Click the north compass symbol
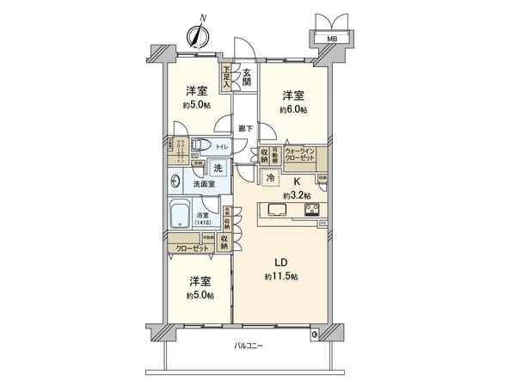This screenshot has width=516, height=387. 199,35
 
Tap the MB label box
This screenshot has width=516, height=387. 331,38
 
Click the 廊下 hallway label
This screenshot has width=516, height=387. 245,130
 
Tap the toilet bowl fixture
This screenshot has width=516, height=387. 200,145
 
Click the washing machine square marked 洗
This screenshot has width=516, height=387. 219,169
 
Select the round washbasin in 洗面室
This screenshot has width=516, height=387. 177,181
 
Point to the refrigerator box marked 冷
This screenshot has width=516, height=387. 271,178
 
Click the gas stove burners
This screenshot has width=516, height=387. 310,209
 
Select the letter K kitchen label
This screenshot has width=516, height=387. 296,181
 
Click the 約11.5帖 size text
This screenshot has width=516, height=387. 281,276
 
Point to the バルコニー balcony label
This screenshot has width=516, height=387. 249,346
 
